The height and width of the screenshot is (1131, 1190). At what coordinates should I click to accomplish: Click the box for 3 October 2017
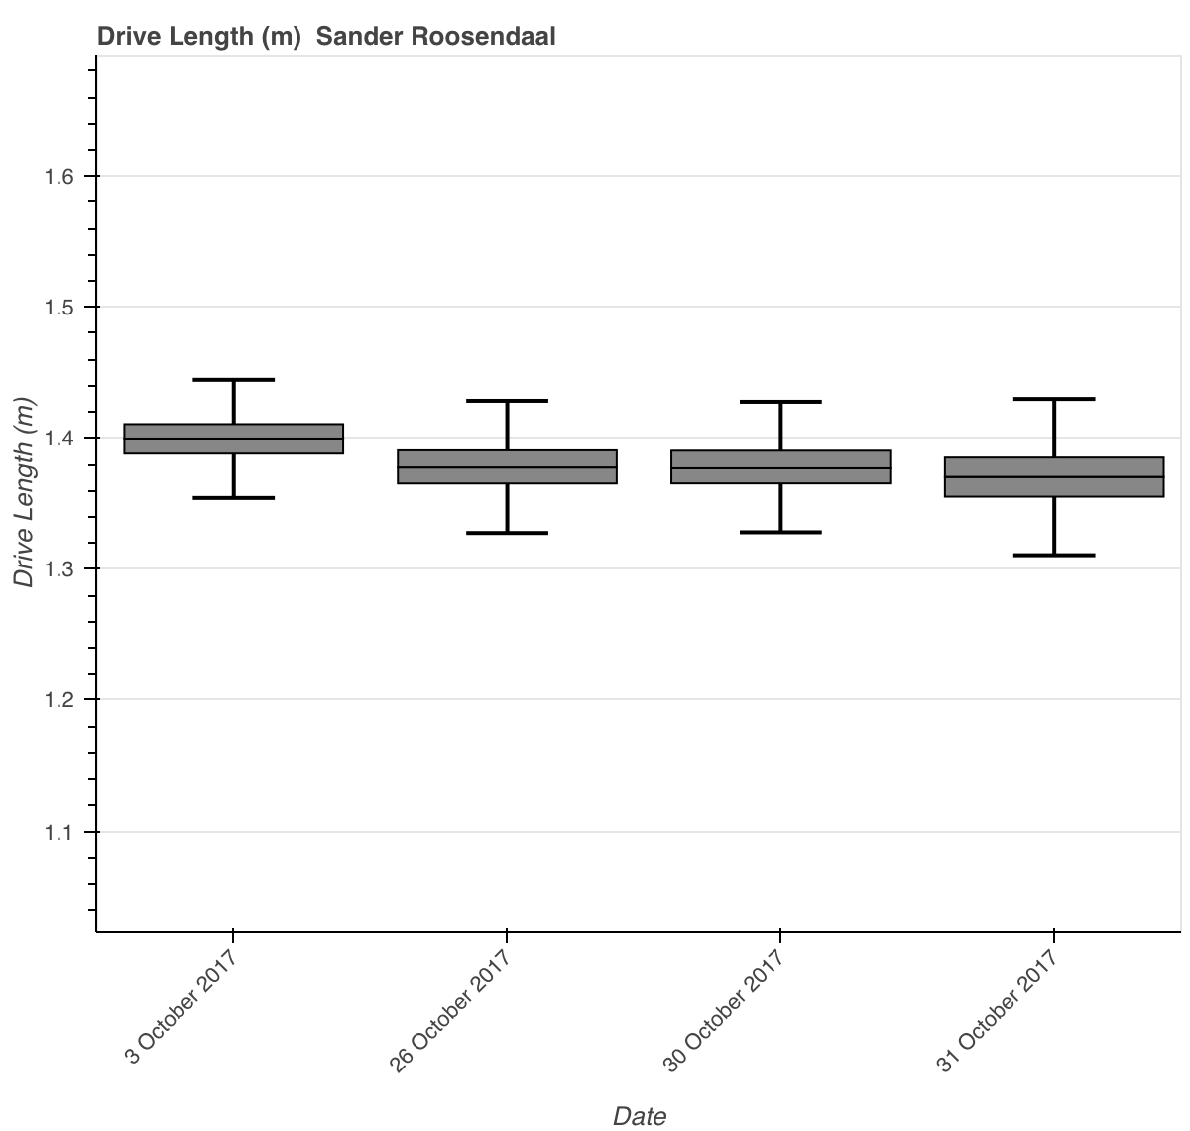pyautogui.click(x=233, y=438)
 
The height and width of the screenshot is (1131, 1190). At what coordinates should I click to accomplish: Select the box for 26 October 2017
pyautogui.click(x=507, y=466)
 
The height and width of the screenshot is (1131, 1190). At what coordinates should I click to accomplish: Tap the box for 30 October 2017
pyautogui.click(x=780, y=466)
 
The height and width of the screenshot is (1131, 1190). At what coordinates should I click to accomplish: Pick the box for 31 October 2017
pyautogui.click(x=1054, y=477)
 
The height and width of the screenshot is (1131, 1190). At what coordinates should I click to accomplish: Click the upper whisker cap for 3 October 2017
pyautogui.click(x=233, y=380)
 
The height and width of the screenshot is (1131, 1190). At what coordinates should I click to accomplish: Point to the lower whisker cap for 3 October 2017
pyautogui.click(x=233, y=498)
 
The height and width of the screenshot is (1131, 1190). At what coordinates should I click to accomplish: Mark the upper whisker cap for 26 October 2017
pyautogui.click(x=507, y=401)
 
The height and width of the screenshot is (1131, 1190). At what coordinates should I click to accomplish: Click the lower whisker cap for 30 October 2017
pyautogui.click(x=780, y=532)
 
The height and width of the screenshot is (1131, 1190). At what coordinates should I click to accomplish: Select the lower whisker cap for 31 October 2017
pyautogui.click(x=1054, y=555)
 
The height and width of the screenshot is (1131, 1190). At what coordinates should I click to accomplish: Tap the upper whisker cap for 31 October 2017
pyautogui.click(x=1054, y=399)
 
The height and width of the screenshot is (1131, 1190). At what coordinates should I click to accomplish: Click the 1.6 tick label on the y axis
pyautogui.click(x=59, y=177)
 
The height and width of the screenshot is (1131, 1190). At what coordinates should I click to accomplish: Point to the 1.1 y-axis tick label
pyautogui.click(x=59, y=833)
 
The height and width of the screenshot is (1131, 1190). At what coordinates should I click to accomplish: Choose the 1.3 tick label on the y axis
pyautogui.click(x=59, y=568)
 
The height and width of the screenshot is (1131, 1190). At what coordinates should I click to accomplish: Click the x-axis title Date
pyautogui.click(x=640, y=1116)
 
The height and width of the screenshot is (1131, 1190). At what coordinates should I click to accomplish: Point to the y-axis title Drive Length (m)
pyautogui.click(x=24, y=492)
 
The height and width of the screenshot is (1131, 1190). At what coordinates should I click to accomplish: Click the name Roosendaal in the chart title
pyautogui.click(x=483, y=37)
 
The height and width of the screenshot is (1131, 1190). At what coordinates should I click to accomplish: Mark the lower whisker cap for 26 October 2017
pyautogui.click(x=507, y=533)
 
